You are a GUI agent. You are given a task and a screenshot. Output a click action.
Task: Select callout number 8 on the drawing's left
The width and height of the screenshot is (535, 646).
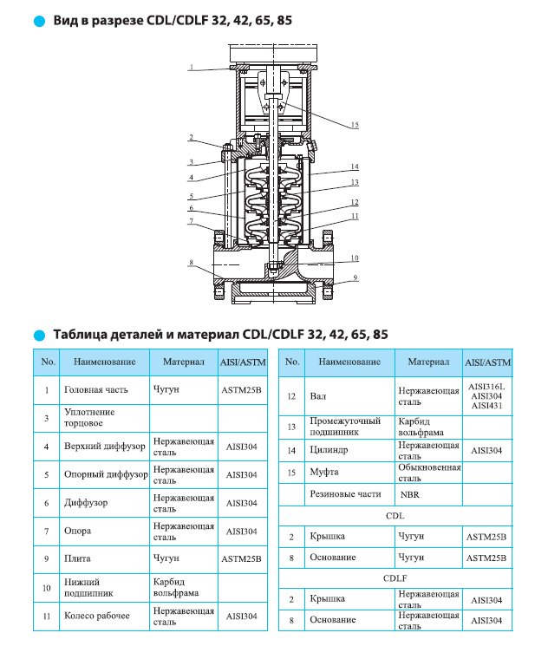tap(191, 263)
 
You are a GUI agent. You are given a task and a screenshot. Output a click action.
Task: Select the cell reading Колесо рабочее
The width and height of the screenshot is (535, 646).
tap(97, 616)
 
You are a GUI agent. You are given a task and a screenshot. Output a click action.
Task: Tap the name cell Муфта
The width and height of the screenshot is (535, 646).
tap(324, 473)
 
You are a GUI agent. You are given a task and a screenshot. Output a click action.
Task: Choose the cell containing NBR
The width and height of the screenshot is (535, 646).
tap(409, 494)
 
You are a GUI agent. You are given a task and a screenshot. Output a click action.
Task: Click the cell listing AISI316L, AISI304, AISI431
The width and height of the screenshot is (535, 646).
tap(486, 396)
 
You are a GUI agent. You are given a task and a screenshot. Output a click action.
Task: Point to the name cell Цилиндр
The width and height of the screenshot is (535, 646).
tap(329, 451)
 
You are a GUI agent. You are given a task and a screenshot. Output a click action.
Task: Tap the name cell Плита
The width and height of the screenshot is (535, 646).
tap(78, 559)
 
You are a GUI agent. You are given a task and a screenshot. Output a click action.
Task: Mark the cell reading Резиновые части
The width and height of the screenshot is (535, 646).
tap(345, 494)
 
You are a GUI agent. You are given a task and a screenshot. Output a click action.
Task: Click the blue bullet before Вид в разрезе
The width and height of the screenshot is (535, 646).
tap(38, 20)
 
